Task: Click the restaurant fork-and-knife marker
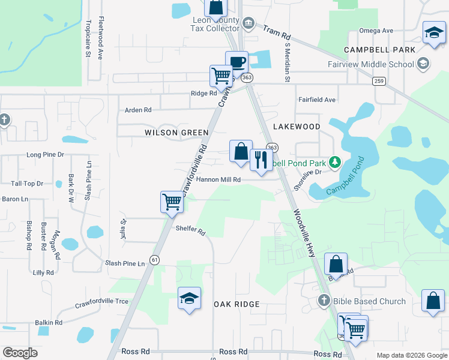[261, 160]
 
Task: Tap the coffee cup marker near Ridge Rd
[237, 62]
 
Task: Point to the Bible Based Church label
[370, 301]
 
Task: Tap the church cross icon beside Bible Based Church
[324, 300]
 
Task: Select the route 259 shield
[378, 81]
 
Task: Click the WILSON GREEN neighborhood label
[176, 132]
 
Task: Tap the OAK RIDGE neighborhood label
[237, 304]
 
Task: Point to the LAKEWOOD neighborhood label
[297, 127]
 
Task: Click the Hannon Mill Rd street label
[218, 179]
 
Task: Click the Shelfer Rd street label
[190, 229]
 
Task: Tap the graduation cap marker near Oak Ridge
[189, 298]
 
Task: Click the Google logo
[20, 353]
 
